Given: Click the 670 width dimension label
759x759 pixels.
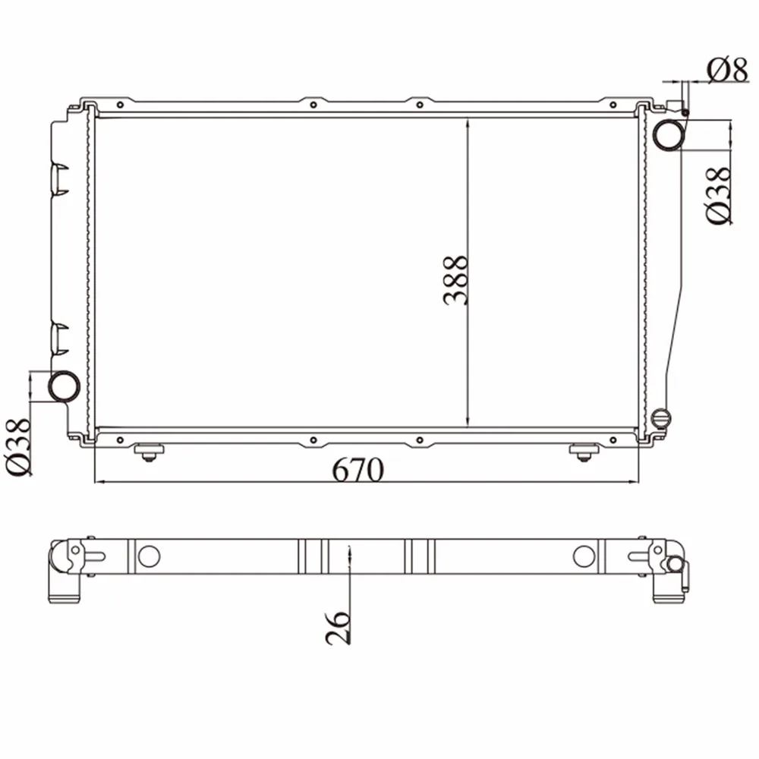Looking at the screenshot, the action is coord(357,469).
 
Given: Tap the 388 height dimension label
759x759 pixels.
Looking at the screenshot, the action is coord(455,280).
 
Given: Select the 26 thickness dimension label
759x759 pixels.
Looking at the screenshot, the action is coord(338,628).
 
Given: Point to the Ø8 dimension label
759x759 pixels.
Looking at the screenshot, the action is coord(728,71).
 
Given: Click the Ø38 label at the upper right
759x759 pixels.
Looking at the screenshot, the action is coord(719,196).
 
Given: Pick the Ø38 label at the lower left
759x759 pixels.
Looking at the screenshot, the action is coord(19,447).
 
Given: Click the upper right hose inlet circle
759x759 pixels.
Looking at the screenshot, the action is coord(669,134).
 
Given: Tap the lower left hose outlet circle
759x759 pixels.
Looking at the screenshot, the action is coord(64,386).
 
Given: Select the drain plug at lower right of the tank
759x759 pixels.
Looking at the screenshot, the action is coord(660,418).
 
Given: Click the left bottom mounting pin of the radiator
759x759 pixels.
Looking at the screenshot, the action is coord(149,452).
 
